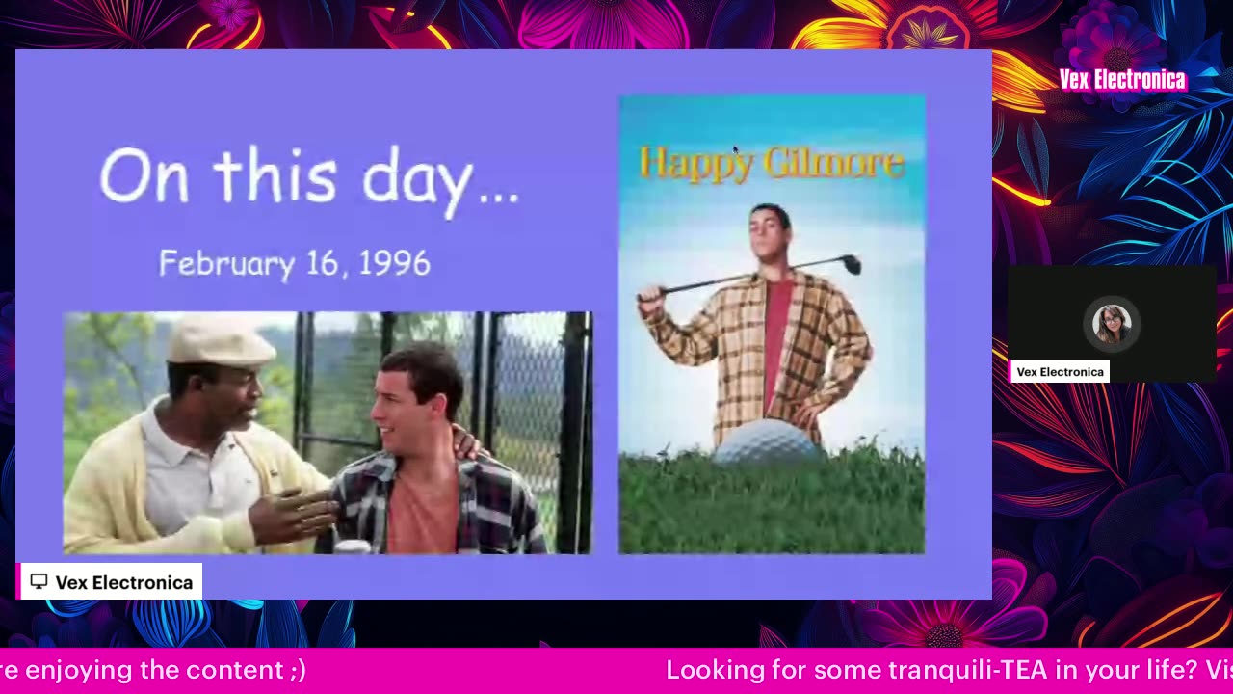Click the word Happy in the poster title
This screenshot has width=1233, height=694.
[x=696, y=164]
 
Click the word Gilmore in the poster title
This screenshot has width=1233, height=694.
[x=836, y=162]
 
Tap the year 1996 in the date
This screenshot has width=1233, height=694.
[x=394, y=263]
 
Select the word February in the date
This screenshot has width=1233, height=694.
[x=227, y=265]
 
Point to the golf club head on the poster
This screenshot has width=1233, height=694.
[x=852, y=264]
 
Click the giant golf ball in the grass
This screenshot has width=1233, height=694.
[x=768, y=440]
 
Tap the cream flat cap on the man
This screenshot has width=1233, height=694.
[x=221, y=341]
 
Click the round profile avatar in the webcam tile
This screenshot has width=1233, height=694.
[x=1112, y=324]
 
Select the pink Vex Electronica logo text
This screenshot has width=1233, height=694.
[x=1122, y=80]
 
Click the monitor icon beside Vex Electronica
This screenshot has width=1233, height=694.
[x=39, y=581]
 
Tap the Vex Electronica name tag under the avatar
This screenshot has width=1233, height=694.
[x=1060, y=372]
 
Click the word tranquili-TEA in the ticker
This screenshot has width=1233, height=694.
[x=968, y=670]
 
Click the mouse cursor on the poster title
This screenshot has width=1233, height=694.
[x=735, y=150]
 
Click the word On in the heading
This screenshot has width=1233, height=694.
[x=144, y=175]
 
